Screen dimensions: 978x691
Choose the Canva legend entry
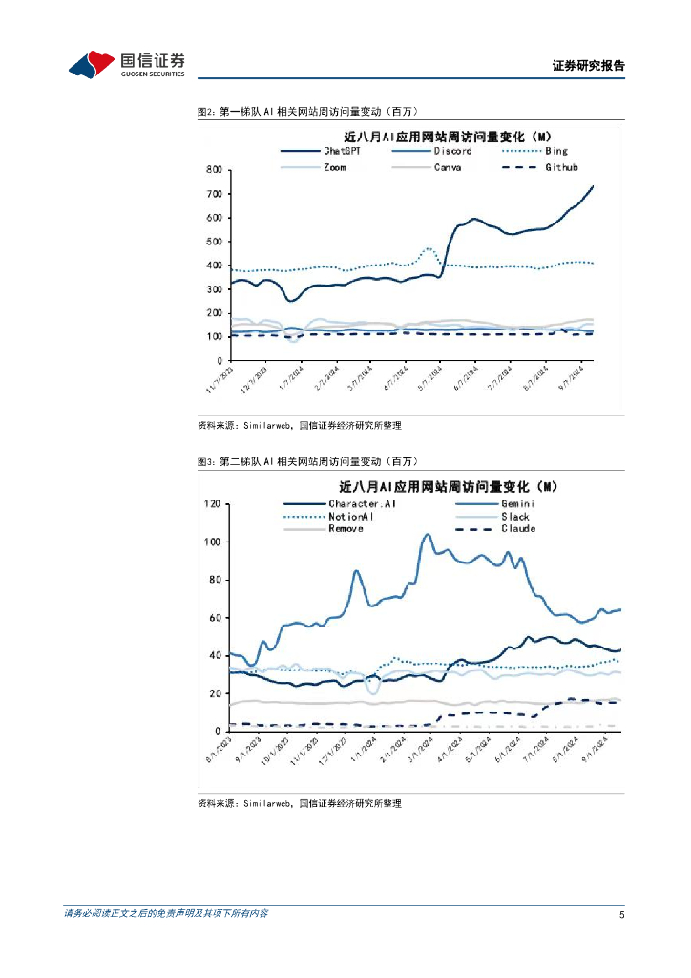click(x=448, y=167)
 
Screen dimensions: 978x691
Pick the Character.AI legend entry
click(x=362, y=503)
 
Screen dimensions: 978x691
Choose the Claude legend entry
click(x=515, y=528)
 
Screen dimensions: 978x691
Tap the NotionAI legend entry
click(x=351, y=516)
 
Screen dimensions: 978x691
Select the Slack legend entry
click(x=513, y=516)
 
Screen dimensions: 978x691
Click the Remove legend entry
click(x=345, y=528)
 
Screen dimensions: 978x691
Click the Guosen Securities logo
click(x=126, y=65)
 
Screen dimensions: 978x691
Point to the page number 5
click(x=621, y=914)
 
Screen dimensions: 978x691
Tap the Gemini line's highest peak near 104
click(x=427, y=535)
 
